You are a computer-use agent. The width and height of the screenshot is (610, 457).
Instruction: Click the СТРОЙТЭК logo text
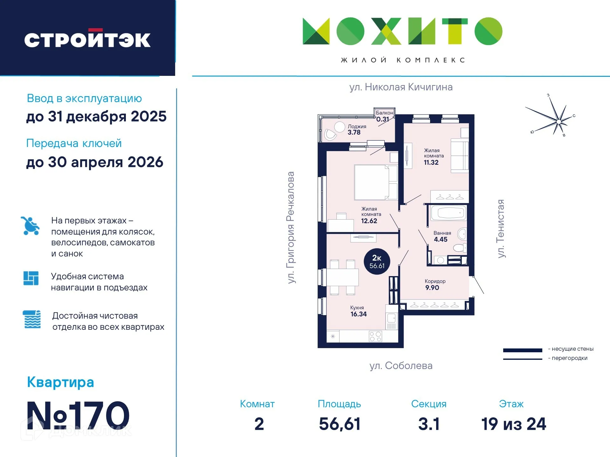tap(87, 40)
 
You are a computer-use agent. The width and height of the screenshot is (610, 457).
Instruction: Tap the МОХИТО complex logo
tap(402, 31)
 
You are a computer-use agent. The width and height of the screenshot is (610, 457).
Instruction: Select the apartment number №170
tap(78, 415)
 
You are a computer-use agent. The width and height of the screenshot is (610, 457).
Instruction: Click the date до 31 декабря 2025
tap(96, 116)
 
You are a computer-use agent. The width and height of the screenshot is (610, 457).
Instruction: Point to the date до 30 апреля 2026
tap(94, 162)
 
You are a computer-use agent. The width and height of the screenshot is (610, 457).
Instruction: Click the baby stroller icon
tap(30, 226)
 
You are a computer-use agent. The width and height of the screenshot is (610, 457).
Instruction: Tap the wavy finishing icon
tap(32, 319)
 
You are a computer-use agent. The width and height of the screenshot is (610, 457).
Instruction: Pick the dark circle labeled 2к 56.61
tap(377, 262)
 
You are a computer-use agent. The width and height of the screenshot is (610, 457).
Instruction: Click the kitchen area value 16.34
tap(359, 314)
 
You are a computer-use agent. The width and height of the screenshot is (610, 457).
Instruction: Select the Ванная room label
tap(442, 233)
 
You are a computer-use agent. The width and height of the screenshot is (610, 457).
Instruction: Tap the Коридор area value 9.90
tap(432, 288)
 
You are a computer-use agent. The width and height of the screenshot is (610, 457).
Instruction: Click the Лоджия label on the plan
tap(357, 126)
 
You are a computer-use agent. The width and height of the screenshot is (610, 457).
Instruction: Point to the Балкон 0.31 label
tap(384, 116)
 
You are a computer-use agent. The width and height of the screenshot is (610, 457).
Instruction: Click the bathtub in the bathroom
tap(449, 213)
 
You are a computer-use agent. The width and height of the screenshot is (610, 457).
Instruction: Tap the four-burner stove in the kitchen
tap(375, 336)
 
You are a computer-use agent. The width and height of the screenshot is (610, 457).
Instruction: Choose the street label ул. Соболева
tap(401, 366)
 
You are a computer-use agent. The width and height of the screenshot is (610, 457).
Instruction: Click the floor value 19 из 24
tap(514, 424)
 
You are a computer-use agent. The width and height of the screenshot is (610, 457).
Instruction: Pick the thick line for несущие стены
tap(523, 350)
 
